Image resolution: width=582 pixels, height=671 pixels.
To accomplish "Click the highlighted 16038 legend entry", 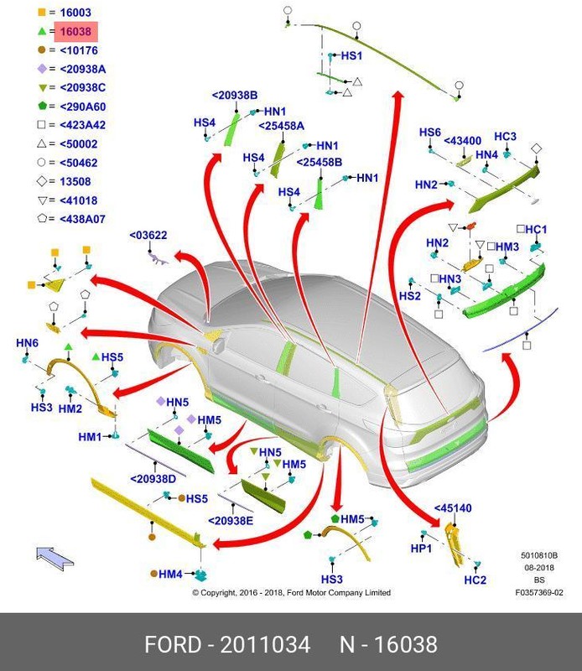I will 76,32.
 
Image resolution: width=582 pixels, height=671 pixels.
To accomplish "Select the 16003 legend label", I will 75,13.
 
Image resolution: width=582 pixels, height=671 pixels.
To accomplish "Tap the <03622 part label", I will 148,236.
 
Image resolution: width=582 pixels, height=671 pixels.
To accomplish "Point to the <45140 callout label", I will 453,508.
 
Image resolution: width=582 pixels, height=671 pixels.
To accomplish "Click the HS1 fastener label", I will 351,56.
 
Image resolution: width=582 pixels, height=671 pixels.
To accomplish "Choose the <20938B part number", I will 234,96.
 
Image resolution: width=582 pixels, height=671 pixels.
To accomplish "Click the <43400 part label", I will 462,141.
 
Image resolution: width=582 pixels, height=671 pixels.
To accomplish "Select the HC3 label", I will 505,137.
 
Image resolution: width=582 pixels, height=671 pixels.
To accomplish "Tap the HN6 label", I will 28,343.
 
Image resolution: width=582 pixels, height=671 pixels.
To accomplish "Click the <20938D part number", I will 153,479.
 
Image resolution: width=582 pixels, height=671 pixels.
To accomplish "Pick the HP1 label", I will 421,548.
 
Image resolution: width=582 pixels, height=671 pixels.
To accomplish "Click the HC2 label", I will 475,580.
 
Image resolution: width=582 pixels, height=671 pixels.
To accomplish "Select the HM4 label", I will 170,574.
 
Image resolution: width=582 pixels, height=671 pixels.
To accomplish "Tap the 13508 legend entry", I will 75,181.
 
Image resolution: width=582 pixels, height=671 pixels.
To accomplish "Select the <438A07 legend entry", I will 82,218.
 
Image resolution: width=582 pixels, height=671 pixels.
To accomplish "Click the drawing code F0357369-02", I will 538,593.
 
